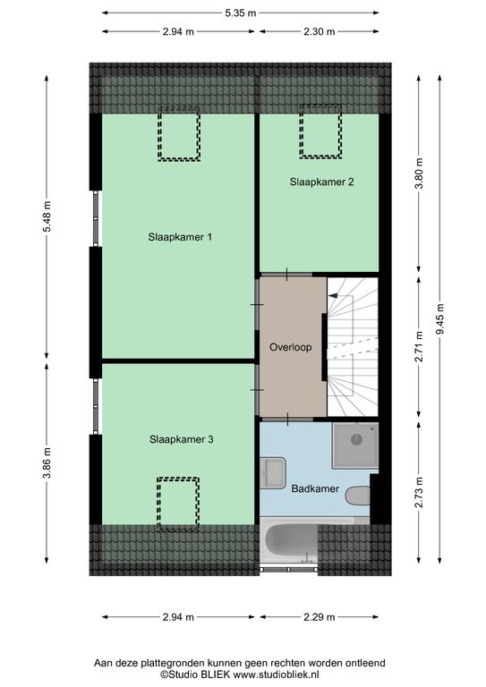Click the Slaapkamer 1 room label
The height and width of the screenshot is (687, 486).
(180, 237)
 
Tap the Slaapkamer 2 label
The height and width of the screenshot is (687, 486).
(321, 182)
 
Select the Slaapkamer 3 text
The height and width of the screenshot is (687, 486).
(182, 439)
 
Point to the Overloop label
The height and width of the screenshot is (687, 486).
(291, 347)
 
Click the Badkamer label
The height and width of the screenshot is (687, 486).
(315, 488)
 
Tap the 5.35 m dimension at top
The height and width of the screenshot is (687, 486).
(240, 13)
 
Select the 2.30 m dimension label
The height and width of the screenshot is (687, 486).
(319, 31)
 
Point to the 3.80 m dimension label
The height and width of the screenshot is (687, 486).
(420, 173)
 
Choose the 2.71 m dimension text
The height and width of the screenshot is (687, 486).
(420, 347)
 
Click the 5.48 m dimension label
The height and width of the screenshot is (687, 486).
(47, 216)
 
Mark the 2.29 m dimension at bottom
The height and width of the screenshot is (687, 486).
(319, 617)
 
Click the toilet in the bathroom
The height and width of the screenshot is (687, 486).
(358, 496)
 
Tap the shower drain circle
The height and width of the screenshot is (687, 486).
(357, 439)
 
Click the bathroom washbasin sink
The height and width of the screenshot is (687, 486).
(273, 472)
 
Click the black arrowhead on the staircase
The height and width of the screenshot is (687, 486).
(333, 296)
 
